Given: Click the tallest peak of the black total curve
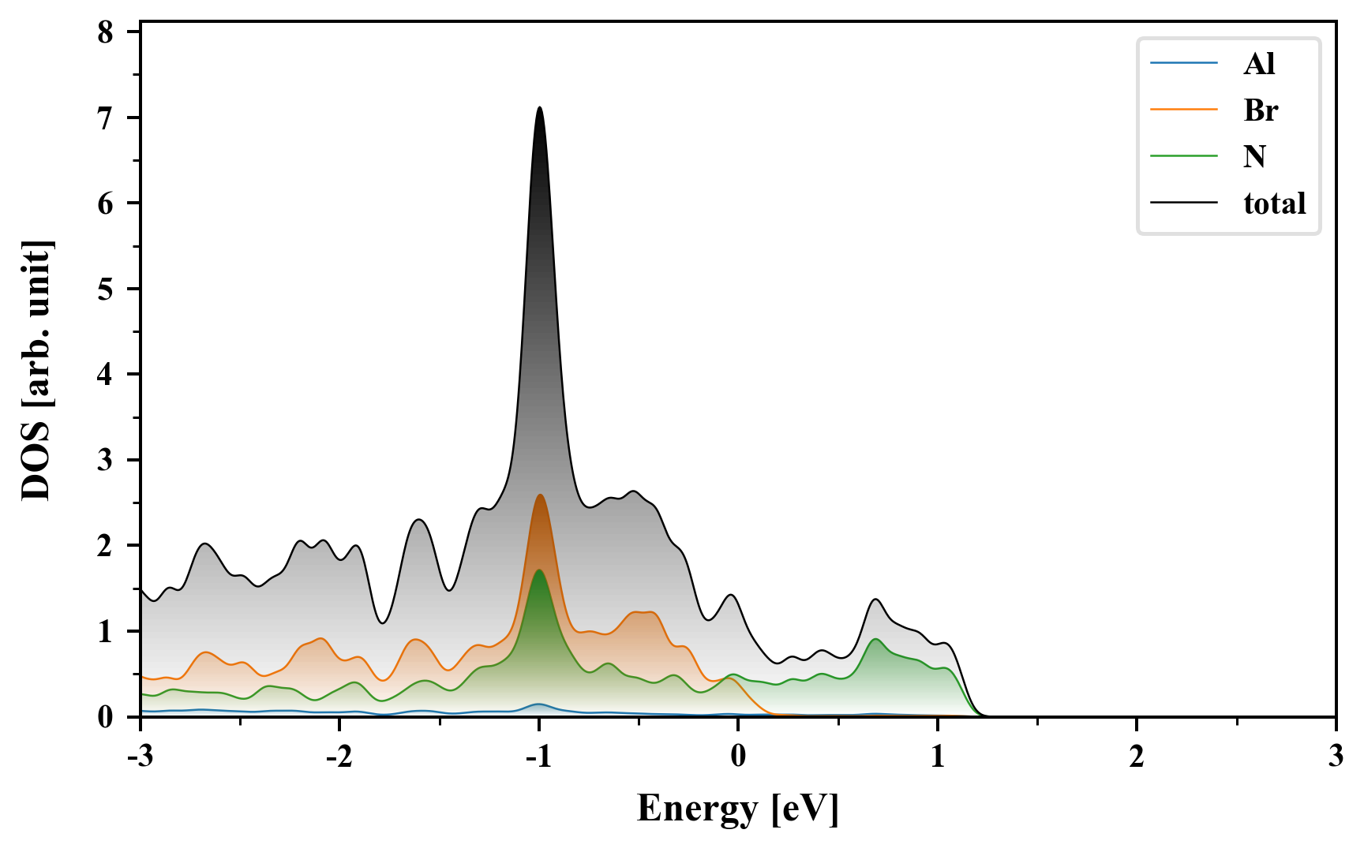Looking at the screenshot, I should tap(539, 108).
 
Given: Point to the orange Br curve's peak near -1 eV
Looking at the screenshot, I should tap(540, 495).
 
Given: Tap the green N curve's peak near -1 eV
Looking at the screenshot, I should tap(539, 570).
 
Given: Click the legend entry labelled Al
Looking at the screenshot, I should tap(1259, 64).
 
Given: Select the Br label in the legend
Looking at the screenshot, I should tap(1261, 110).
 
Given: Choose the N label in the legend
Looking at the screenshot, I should tap(1254, 157).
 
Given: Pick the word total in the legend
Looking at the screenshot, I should tap(1275, 204).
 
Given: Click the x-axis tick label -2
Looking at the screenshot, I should tap(339, 757).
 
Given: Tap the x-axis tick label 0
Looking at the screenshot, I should tap(738, 757).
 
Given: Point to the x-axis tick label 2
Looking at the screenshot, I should tap(1137, 757).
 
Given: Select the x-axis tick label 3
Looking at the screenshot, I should tap(1336, 757).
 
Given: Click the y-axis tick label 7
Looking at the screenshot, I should tap(106, 118).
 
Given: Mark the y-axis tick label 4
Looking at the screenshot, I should tap(106, 375).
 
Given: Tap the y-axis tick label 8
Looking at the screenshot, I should tap(106, 33).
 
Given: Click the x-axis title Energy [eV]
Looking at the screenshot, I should tap(738, 808).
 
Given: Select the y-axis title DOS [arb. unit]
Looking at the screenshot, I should tap(36, 371).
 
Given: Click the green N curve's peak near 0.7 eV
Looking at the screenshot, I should tap(875, 639).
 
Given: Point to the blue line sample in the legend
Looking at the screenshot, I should tap(1183, 64).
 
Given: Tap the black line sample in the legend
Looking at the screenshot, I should tap(1183, 204).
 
